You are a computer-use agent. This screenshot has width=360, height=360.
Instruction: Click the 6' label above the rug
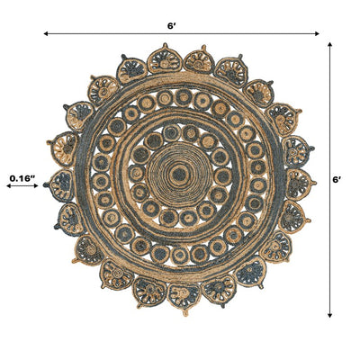171,26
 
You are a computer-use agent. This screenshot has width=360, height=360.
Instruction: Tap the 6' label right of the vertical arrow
337,180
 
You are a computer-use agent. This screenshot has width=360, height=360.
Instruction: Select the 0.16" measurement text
22,178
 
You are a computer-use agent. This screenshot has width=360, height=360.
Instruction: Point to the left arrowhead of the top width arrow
46,33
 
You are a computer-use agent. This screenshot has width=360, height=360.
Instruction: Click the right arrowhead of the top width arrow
317,33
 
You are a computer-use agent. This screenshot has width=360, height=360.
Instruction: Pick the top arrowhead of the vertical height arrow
329,45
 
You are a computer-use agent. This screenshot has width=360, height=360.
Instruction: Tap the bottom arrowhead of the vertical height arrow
329,315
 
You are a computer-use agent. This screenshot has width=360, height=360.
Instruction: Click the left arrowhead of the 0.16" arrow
8,186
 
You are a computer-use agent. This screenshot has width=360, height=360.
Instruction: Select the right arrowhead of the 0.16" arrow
36,186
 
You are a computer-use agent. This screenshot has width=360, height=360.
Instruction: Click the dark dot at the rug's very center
179,174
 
